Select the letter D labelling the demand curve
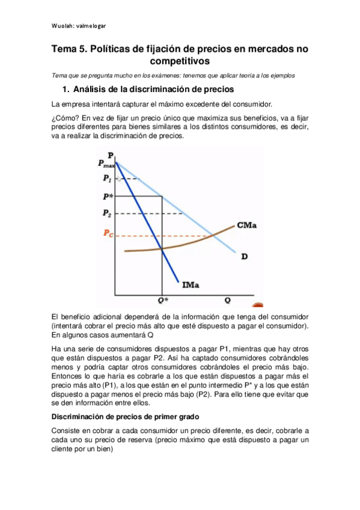(x=245, y=257)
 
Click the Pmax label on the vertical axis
(x=105, y=163)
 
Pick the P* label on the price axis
(x=107, y=196)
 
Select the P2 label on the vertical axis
(x=106, y=214)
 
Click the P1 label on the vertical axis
(x=106, y=179)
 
